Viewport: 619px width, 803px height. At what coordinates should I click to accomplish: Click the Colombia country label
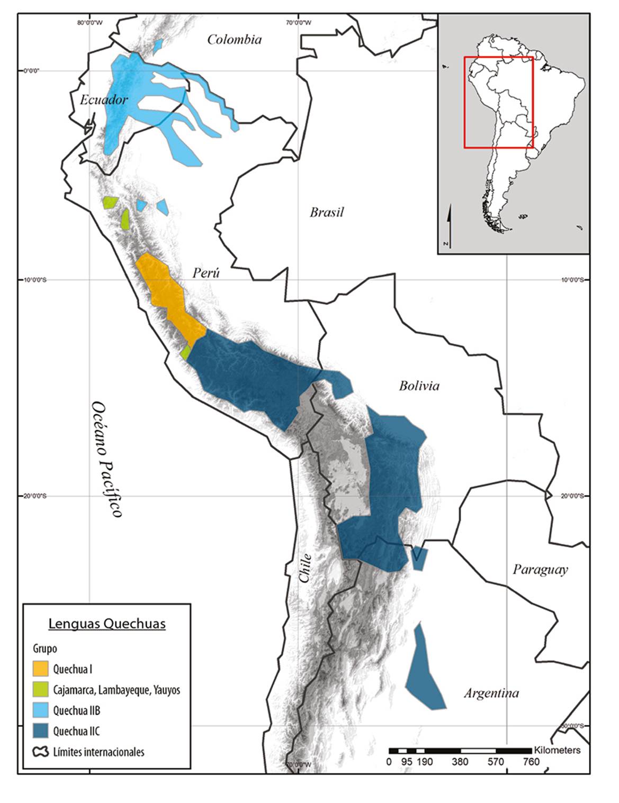234,40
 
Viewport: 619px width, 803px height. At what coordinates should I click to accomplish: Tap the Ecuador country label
104,99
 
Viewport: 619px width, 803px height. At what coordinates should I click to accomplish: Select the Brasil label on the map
327,212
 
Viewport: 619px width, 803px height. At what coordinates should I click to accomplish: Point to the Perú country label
205,273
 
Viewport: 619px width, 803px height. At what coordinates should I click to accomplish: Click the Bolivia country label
419,386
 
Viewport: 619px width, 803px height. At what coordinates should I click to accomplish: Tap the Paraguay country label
540,569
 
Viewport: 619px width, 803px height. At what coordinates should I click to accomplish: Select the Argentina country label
491,693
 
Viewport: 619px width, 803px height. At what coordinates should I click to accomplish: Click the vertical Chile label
305,568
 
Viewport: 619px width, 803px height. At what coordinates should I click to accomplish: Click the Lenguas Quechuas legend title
107,624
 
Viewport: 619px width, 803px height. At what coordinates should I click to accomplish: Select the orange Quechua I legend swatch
41,669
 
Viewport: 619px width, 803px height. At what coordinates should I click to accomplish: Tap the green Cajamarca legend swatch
41,690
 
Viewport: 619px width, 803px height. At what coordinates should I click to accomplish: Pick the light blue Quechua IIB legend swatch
41,710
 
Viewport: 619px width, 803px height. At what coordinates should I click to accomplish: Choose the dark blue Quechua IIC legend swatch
41,731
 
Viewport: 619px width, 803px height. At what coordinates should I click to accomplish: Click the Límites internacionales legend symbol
41,752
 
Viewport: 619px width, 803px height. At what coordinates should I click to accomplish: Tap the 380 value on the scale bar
460,762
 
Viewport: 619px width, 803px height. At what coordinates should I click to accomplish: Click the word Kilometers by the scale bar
557,750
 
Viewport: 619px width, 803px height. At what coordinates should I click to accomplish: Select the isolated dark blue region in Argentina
425,672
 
